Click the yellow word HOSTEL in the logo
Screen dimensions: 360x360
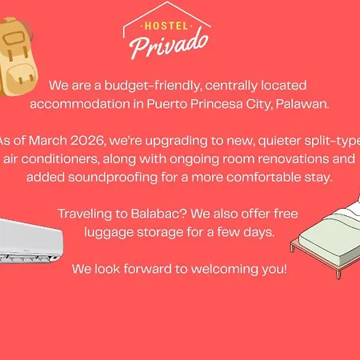[166, 26]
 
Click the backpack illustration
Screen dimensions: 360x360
[17, 56]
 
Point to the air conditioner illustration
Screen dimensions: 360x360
[30, 241]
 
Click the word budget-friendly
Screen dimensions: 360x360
[153, 86]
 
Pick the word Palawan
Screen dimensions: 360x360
[302, 104]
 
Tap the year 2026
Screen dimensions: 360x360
[88, 141]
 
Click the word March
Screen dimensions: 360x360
[48, 141]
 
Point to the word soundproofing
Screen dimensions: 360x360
[113, 178]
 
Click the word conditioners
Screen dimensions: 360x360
[61, 159]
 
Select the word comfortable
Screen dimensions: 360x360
[264, 178]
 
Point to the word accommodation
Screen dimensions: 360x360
[80, 104]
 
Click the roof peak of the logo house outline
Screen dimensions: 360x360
[167, 2]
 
